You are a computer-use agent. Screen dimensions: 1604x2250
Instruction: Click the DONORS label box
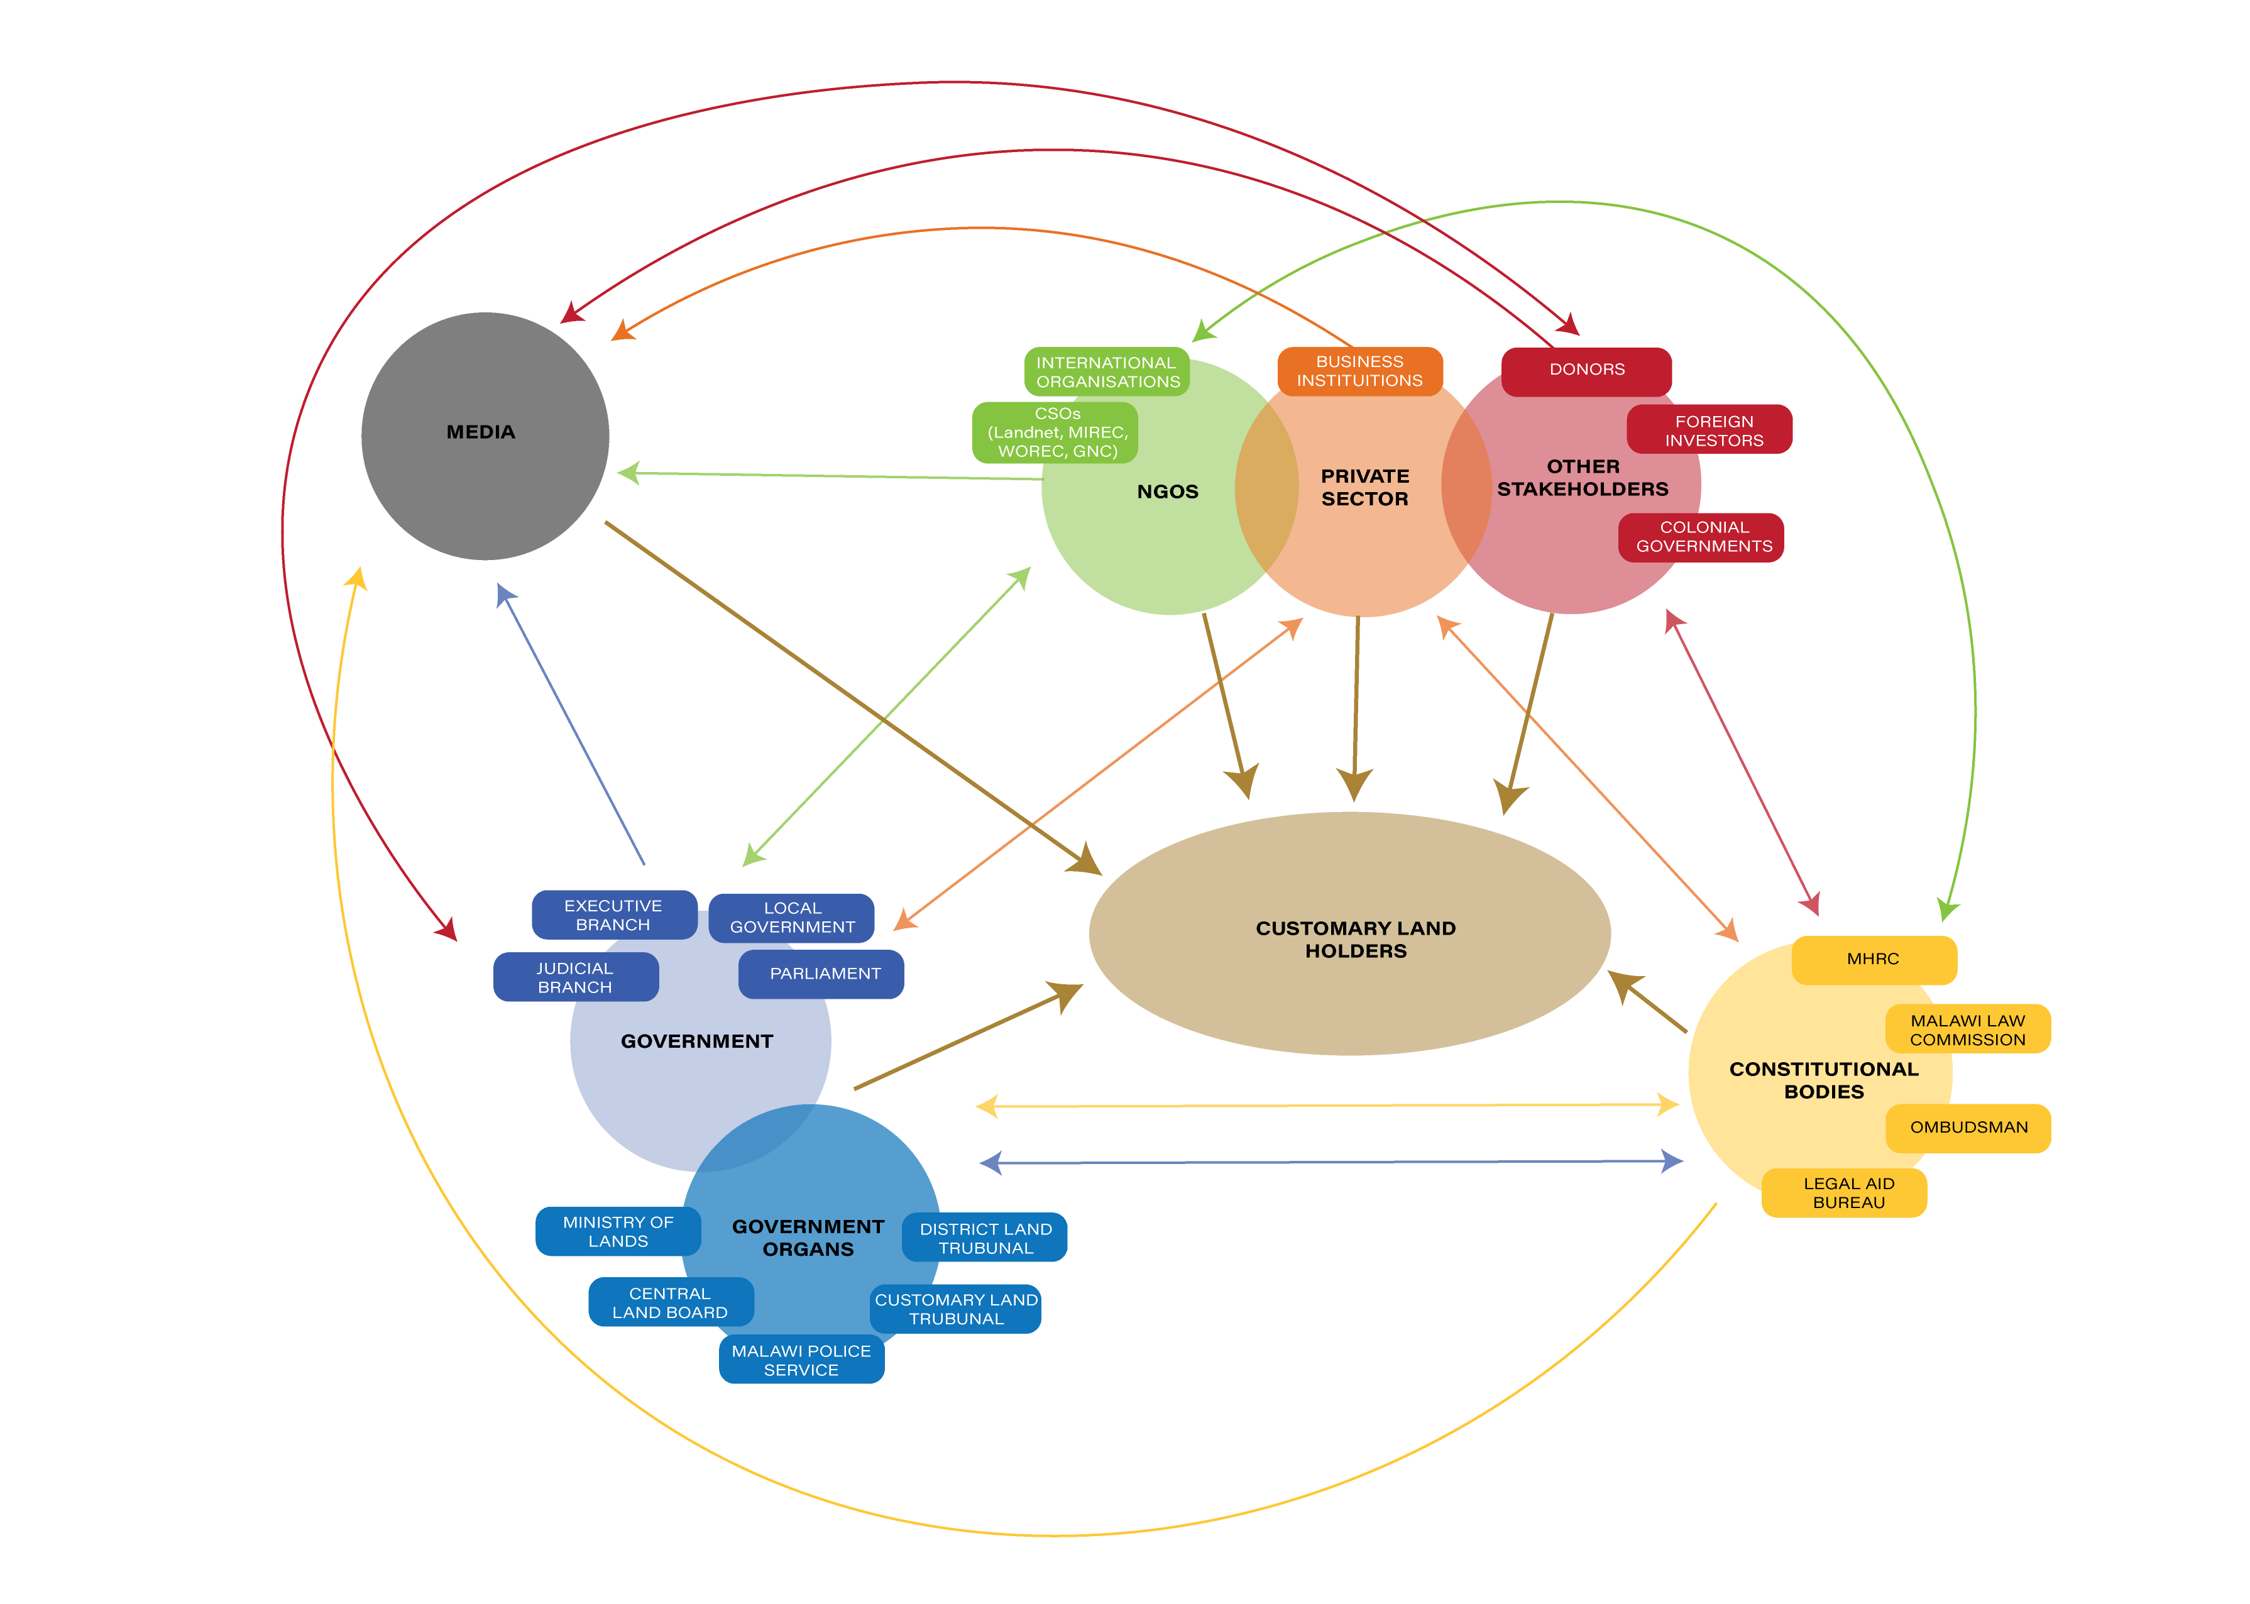[1586, 370]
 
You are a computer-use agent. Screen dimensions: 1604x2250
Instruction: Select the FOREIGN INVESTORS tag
[1714, 431]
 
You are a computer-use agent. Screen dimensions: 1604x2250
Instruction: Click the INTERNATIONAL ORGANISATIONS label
[1107, 372]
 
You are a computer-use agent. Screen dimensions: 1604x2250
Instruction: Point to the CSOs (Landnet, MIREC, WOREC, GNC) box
[1057, 432]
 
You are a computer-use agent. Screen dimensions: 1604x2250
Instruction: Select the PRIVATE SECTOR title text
[1365, 487]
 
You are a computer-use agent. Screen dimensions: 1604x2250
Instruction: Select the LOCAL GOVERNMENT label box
[792, 918]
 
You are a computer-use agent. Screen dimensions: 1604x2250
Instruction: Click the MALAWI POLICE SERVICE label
[801, 1360]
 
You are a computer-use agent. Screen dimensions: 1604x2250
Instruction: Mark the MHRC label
[1873, 959]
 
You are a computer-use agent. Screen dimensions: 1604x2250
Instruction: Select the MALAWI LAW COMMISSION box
[1968, 1030]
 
